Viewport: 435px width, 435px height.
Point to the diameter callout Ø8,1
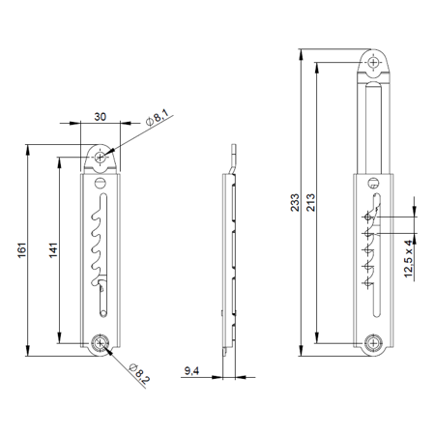tap(158, 117)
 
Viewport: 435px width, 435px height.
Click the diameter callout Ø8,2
tap(140, 369)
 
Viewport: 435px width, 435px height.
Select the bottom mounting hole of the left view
tap(100, 342)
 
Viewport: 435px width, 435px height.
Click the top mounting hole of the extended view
tap(375, 63)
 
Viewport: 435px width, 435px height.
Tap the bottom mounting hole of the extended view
tap(375, 342)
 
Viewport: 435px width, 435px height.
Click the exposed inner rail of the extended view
tap(375, 126)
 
